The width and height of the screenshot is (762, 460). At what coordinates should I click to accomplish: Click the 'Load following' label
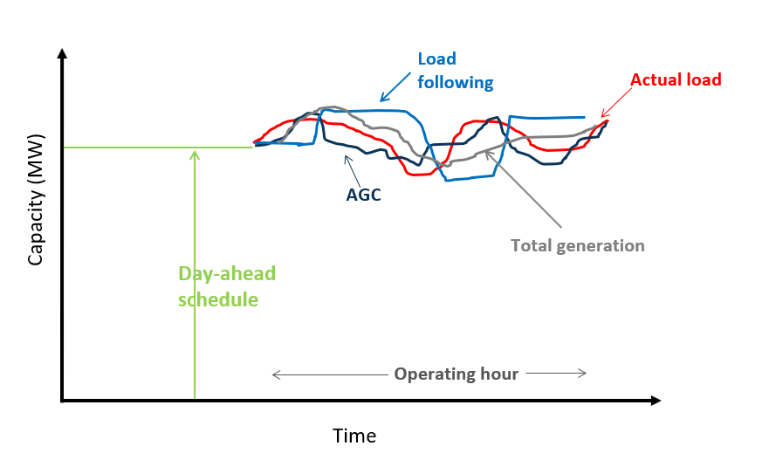[455, 72]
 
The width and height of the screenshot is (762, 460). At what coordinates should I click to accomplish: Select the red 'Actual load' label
[676, 80]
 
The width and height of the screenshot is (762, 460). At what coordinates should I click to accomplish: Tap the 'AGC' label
[363, 194]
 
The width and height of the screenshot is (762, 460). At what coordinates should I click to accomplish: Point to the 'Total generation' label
[577, 246]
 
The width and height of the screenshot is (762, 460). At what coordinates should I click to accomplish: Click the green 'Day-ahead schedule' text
[226, 286]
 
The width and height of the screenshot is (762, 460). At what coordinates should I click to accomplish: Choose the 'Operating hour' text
[456, 374]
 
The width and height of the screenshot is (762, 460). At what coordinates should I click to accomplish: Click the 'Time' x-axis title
[354, 436]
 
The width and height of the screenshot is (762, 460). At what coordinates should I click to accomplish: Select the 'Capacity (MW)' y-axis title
[36, 206]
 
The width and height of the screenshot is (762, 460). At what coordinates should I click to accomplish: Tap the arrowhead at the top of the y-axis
[62, 54]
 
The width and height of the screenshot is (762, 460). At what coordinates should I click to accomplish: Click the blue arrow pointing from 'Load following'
[396, 87]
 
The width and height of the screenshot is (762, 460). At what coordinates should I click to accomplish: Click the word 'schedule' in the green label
[218, 299]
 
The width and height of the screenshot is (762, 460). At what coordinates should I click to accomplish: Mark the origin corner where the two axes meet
[62, 401]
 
